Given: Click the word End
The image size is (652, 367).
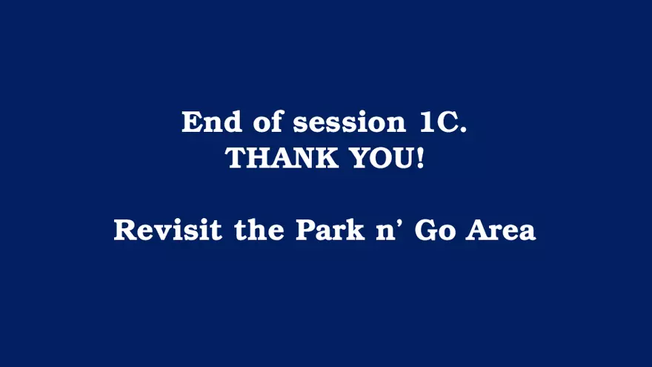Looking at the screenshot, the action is [212, 122].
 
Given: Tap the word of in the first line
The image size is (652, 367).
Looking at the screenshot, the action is [268, 122].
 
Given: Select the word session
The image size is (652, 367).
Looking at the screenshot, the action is [349, 123].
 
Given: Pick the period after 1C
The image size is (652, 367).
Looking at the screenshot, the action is [463, 130].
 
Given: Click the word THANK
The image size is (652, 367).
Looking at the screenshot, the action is [282, 158].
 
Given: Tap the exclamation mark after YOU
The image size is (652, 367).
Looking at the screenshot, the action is [419, 158].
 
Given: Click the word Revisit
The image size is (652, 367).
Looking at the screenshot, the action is [168, 230].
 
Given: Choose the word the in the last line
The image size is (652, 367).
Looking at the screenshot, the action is [259, 230].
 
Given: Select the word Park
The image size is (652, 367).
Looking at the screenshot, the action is [330, 230].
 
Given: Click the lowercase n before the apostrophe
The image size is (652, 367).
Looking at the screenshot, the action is [385, 233].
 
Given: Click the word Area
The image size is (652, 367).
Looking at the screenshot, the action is [501, 230].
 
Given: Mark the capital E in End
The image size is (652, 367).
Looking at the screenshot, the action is [192, 122].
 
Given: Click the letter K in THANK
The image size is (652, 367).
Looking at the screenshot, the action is [326, 158].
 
